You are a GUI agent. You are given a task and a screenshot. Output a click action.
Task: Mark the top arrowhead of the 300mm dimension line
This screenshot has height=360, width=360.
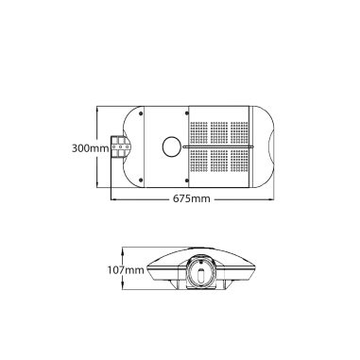(97, 105)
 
